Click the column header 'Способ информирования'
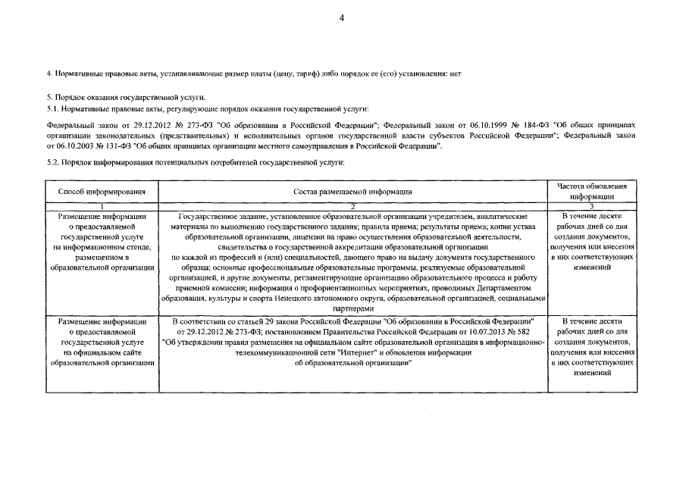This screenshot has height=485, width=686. (x=101, y=192)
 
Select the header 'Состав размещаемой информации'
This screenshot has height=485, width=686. (x=352, y=192)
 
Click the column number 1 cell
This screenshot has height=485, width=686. (x=101, y=206)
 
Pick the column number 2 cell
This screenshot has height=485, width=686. (x=352, y=206)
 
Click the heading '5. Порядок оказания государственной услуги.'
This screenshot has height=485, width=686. (x=125, y=98)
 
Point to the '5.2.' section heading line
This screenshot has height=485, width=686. (x=196, y=163)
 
